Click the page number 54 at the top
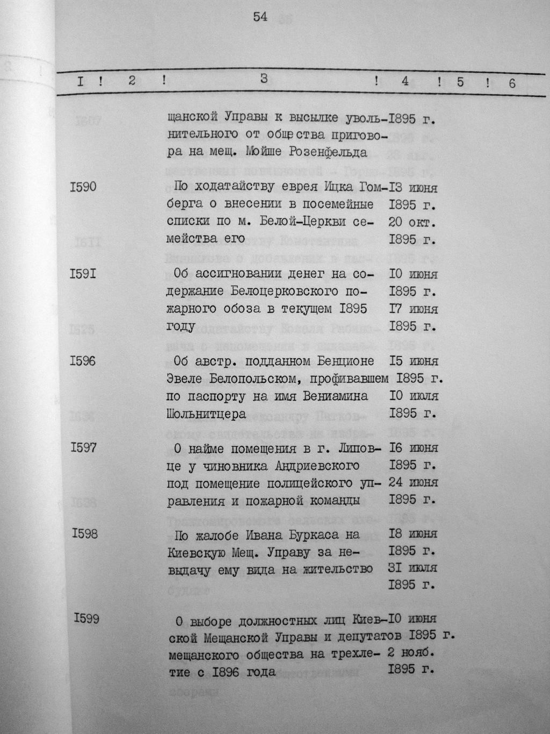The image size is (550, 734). click(260, 17)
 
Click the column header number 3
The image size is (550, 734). click(264, 79)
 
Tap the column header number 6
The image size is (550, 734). click(511, 83)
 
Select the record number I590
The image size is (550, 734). click(83, 187)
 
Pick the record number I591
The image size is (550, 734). click(83, 274)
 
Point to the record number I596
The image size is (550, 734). click(83, 361)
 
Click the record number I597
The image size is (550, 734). click(83, 447)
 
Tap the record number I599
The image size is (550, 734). click(86, 619)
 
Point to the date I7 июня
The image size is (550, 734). click(412, 309)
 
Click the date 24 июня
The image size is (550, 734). click(412, 482)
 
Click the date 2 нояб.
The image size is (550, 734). click(412, 654)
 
